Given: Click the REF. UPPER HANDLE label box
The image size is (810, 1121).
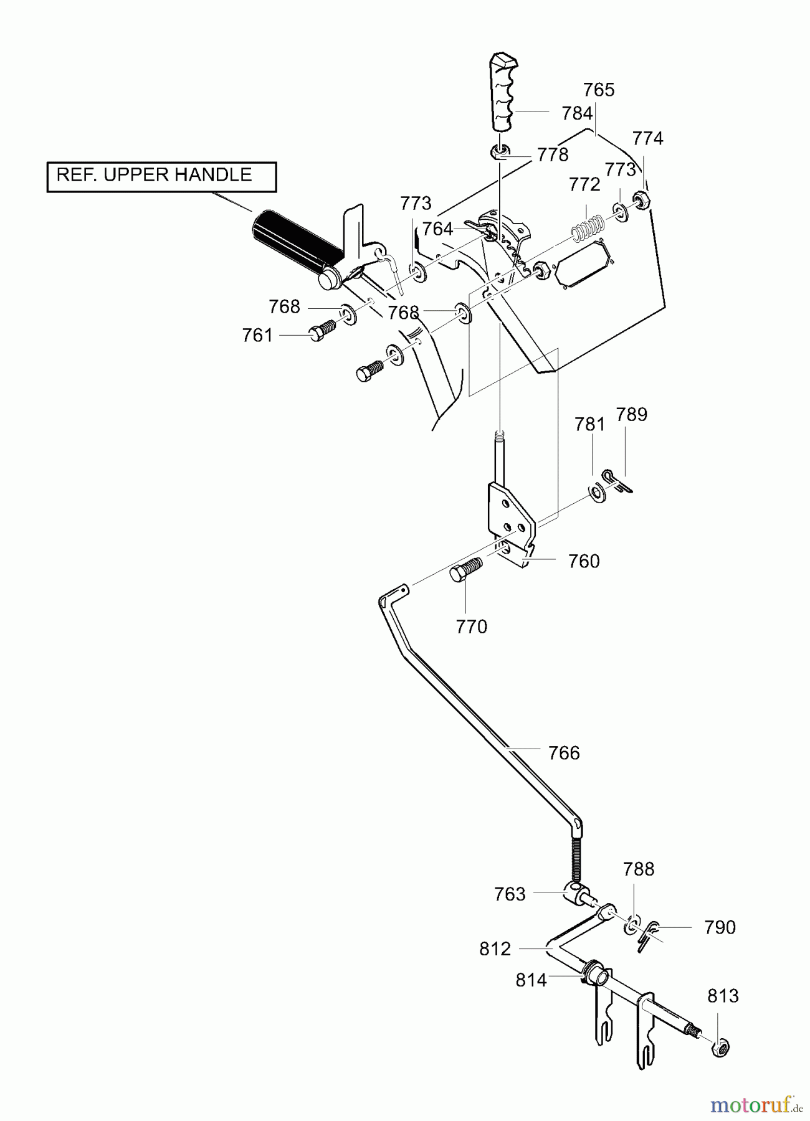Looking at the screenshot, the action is (162, 177).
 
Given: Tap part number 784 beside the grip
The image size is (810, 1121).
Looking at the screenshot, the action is (577, 113).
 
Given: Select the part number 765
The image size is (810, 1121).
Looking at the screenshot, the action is (599, 90).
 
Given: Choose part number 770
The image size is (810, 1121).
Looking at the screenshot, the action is (471, 627).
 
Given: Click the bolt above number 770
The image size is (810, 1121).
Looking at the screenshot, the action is (466, 570).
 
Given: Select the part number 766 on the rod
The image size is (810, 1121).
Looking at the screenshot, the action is (564, 753).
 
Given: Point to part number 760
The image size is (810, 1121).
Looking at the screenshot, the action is (584, 561).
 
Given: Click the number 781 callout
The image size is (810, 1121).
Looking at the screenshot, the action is (590, 424).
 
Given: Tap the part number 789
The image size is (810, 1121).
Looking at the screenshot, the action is (632, 414).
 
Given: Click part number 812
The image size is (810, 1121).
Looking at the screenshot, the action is (495, 948).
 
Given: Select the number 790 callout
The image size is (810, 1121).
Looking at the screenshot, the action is (720, 927).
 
